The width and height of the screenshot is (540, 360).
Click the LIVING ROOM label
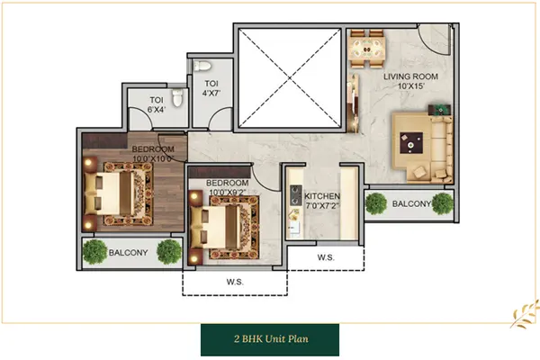(411, 76)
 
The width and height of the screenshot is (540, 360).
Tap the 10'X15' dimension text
(411, 86)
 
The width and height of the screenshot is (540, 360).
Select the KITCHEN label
(322, 196)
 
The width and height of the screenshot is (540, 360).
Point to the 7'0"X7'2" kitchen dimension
(323, 206)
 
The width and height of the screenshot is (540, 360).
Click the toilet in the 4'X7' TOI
(202, 66)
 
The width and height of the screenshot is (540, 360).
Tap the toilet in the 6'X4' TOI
(177, 98)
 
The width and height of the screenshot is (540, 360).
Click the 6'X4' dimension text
(157, 110)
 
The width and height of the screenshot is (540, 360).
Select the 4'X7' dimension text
(211, 93)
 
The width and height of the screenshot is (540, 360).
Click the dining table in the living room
(367, 49)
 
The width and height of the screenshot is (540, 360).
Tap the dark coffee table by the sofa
(411, 143)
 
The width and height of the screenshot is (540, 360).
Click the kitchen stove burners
(295, 195)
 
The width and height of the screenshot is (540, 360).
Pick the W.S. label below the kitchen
(326, 257)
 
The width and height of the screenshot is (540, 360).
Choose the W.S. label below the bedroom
(235, 282)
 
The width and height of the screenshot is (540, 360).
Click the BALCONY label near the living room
(411, 204)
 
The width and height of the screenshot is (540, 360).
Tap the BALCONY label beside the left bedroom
(128, 253)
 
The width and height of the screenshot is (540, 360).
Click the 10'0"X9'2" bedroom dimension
(228, 193)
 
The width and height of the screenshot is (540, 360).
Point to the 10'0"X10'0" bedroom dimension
(153, 158)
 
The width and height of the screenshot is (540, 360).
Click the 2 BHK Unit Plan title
(272, 339)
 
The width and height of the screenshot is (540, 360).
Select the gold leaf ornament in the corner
(525, 314)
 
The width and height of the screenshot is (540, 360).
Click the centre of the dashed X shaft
(290, 78)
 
